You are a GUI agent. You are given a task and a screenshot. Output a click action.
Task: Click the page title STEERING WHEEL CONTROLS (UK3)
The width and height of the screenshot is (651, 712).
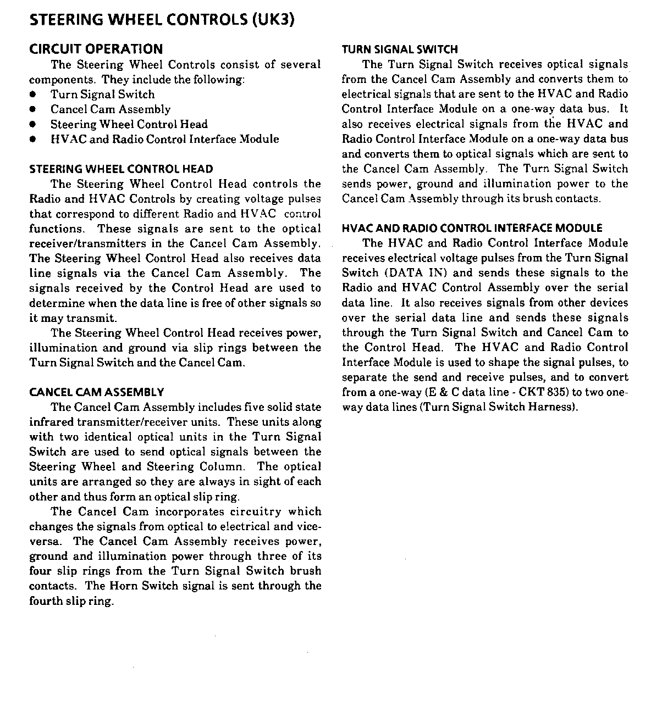(162, 20)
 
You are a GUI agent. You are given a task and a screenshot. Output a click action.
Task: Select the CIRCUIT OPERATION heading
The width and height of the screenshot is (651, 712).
(96, 49)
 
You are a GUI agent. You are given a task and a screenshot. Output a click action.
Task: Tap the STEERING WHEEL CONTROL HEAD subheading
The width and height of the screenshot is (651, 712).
(121, 169)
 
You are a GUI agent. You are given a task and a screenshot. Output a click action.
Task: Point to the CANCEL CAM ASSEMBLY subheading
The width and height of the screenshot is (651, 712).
(96, 392)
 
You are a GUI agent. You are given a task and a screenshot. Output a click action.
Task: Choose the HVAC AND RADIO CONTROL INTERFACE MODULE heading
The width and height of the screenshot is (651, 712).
(472, 228)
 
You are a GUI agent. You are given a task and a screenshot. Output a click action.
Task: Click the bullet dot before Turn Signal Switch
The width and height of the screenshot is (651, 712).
(34, 95)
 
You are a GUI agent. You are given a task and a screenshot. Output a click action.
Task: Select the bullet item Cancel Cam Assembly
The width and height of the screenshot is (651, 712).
(111, 109)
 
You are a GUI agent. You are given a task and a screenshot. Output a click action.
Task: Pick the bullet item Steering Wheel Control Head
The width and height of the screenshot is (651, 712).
(129, 124)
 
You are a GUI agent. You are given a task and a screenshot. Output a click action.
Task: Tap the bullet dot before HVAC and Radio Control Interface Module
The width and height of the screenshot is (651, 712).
(34, 140)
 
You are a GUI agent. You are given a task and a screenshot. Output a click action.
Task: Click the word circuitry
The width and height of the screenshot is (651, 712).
(255, 511)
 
